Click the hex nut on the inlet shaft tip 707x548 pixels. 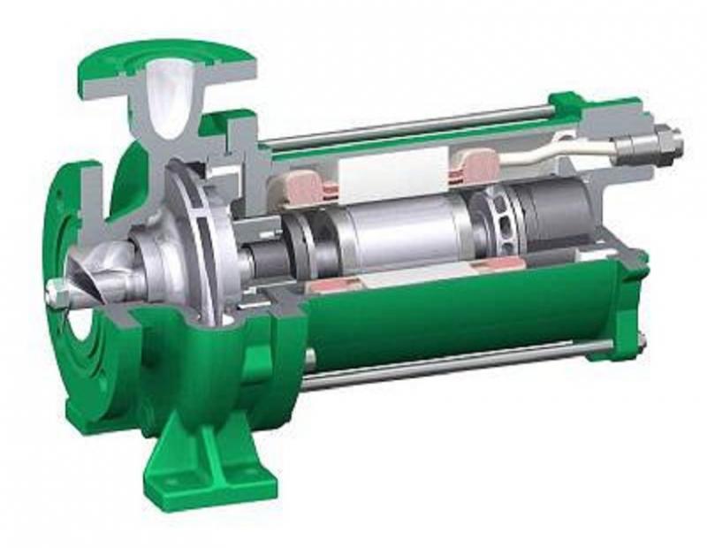[x=56, y=289]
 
